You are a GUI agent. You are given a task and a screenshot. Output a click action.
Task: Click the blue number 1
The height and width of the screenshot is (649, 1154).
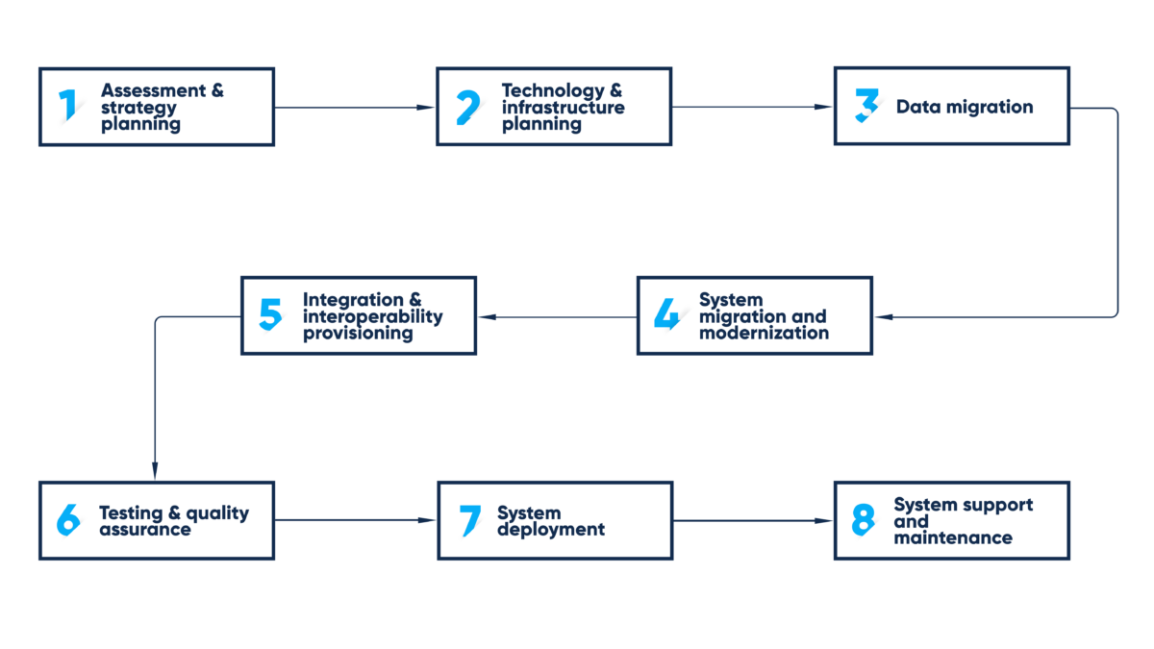click(67, 106)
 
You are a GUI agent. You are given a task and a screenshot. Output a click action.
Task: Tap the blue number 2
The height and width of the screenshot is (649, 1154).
click(467, 107)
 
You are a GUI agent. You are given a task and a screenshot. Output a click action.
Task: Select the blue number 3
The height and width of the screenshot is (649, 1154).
click(866, 106)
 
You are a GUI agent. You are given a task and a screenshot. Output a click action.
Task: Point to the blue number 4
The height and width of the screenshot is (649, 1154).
click(665, 314)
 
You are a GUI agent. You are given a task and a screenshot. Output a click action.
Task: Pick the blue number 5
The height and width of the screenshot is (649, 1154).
click(270, 314)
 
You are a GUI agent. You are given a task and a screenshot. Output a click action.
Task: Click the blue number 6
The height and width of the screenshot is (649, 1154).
click(68, 520)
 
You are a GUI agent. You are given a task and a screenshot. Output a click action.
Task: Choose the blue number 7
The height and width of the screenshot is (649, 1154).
click(469, 520)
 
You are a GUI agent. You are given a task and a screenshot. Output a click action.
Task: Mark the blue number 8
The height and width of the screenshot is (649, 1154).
click(864, 520)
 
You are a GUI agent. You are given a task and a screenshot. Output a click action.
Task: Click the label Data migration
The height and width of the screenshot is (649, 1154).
click(964, 107)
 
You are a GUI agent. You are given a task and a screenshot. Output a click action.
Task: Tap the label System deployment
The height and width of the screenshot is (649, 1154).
click(550, 521)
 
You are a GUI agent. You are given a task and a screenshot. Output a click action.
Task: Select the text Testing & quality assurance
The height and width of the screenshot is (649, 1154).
click(173, 521)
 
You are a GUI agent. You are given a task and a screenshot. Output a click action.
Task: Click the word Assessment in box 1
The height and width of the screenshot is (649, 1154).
click(153, 90)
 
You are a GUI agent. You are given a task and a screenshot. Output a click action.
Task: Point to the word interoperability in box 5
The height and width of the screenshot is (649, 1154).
click(373, 316)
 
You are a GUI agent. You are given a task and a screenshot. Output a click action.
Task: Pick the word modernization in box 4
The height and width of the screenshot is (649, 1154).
click(764, 333)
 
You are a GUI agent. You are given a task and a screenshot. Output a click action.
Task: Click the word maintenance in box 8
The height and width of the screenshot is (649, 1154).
click(952, 537)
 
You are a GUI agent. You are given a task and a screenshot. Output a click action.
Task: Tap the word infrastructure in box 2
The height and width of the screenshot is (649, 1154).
click(563, 107)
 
